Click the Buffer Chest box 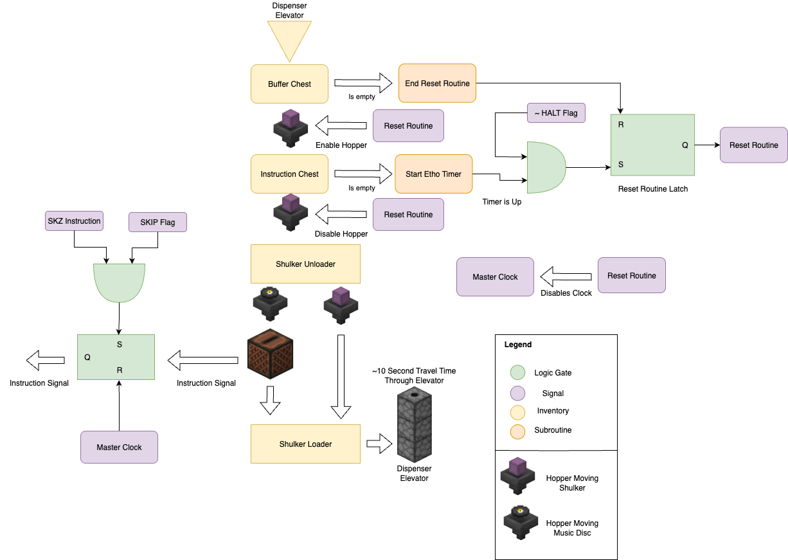click(289, 84)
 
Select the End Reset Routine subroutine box click(437, 83)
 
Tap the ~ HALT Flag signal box click(556, 113)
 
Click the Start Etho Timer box click(433, 174)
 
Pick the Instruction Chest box click(289, 174)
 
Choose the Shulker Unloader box click(305, 264)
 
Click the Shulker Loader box click(305, 444)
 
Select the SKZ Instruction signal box click(74, 221)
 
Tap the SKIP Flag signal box click(157, 222)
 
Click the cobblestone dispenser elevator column click(414, 424)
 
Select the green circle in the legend click(517, 373)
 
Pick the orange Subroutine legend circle click(517, 430)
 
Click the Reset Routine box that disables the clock click(632, 276)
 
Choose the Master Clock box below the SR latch click(119, 447)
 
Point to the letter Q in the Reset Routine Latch click(685, 145)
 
